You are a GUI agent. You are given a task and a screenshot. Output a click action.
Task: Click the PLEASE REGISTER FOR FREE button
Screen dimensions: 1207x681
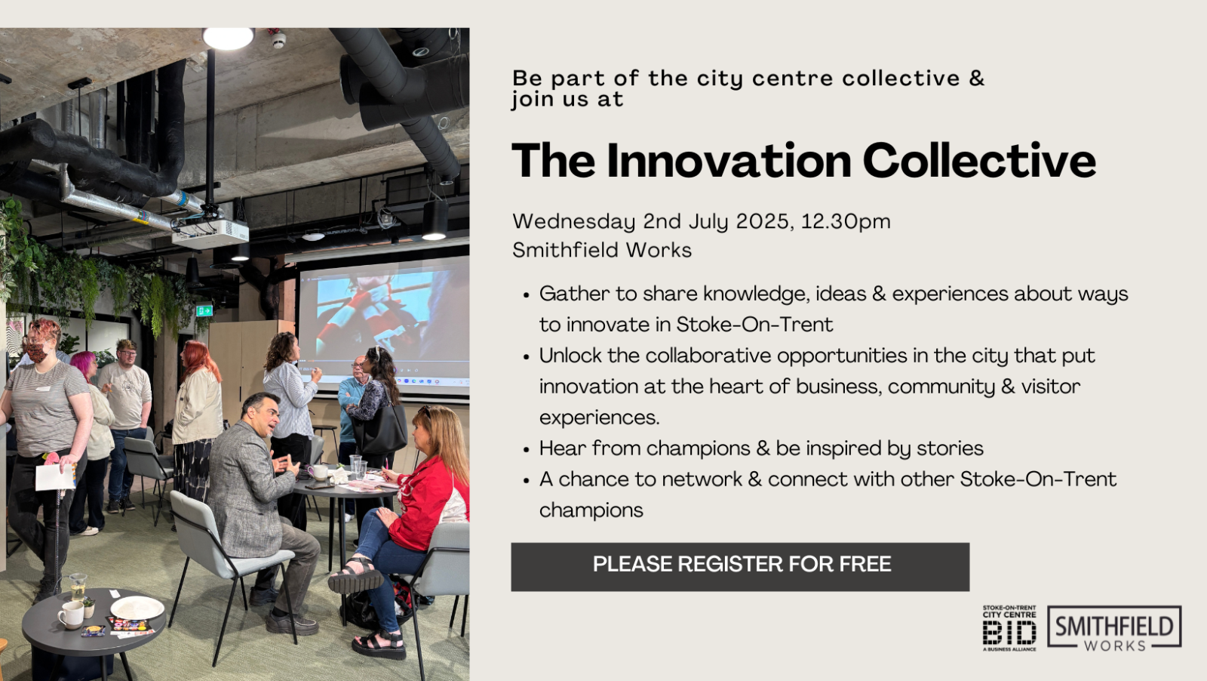pyautogui.click(x=740, y=567)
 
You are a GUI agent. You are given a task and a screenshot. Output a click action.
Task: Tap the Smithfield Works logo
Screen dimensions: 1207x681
pyautogui.click(x=1114, y=628)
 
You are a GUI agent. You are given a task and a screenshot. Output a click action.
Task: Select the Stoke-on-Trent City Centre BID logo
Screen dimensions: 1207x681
pyautogui.click(x=1009, y=628)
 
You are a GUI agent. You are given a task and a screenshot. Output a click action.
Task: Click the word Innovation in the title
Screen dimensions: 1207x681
pyautogui.click(x=729, y=161)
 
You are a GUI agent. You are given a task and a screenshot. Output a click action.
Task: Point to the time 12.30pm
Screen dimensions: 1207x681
pyautogui.click(x=846, y=222)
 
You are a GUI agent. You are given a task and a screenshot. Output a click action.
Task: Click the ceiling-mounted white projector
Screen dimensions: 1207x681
pyautogui.click(x=210, y=233)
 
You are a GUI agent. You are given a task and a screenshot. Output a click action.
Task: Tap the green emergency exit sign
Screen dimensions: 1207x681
pyautogui.click(x=204, y=310)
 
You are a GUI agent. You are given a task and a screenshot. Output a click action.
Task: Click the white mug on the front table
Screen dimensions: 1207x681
pyautogui.click(x=71, y=615)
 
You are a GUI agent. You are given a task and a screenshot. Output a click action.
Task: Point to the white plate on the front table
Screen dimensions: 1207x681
pyautogui.click(x=137, y=609)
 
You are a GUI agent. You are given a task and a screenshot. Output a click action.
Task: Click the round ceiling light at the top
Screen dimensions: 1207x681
pyautogui.click(x=228, y=39)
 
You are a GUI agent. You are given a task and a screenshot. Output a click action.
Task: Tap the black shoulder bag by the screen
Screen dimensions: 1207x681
pyautogui.click(x=383, y=426)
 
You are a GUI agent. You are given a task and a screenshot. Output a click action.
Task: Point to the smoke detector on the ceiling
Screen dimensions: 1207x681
pyautogui.click(x=278, y=39)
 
